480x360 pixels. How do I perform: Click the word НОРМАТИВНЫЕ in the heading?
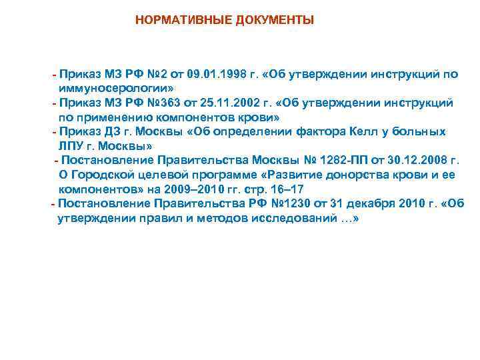tap(175, 21)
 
